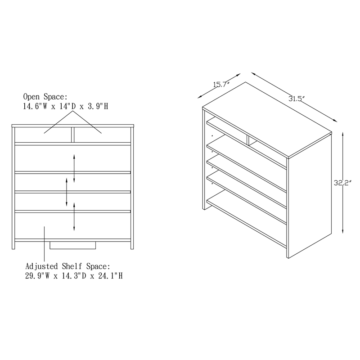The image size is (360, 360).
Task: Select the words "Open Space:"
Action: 45,97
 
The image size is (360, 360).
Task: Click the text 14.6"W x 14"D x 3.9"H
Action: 65,106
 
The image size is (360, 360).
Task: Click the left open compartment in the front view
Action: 43,135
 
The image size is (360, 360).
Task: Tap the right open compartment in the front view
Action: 101,135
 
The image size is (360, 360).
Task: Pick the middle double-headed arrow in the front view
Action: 67,191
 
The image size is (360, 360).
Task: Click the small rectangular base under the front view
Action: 73,246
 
